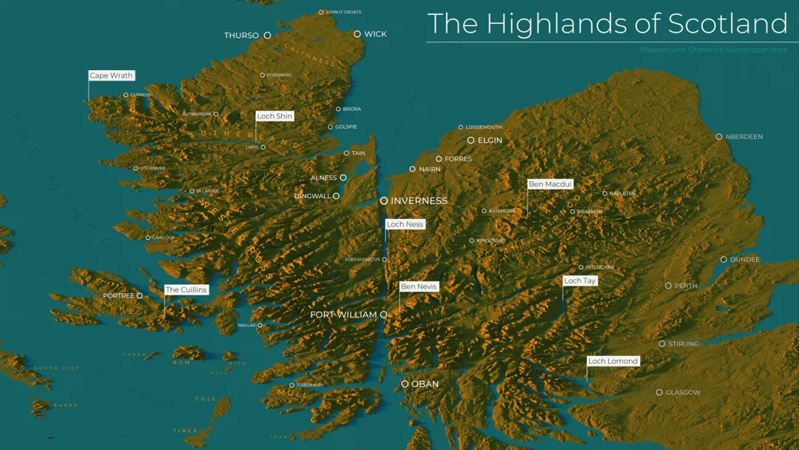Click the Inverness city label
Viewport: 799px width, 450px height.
coord(419,201)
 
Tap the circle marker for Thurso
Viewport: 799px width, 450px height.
coord(267,35)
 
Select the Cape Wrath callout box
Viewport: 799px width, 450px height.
coord(111,75)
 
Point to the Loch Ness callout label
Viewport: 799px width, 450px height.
coord(405,224)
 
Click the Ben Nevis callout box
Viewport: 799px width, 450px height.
coord(419,286)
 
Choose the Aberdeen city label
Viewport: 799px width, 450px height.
coord(744,137)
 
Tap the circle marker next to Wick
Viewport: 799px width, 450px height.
coord(357,34)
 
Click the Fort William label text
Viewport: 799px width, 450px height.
coord(343,315)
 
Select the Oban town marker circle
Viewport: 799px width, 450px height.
coord(405,384)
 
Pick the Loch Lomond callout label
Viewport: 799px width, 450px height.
coord(613,361)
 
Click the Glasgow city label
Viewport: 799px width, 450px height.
coord(683,392)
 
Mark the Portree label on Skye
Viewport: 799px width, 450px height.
coord(118,295)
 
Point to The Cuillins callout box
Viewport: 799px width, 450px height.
coord(186,289)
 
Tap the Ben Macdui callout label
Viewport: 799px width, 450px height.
coord(550,184)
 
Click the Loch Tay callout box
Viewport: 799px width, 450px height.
coord(580,281)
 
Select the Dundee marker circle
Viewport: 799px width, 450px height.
coord(724,259)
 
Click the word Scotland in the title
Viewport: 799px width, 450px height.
coord(728,24)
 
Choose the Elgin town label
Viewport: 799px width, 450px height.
coord(490,140)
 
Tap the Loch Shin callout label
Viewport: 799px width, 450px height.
coord(274,116)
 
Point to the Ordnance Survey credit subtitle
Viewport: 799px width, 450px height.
coord(713,50)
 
